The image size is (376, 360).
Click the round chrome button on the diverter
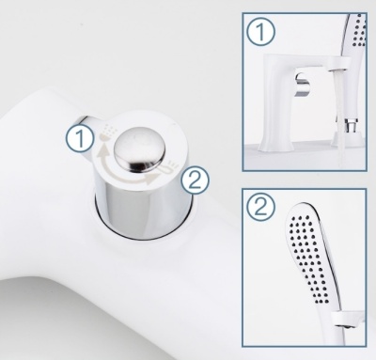pos(139,147)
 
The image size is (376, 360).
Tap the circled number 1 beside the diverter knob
pos(80,138)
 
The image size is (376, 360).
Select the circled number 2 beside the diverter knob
pos(195,180)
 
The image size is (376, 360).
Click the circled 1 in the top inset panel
pos(260,32)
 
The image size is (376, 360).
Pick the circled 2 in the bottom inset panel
pos(260,208)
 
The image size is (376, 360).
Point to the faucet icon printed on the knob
pos(167,167)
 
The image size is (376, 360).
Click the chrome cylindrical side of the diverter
pos(143,213)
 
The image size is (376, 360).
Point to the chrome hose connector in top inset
pos(350,125)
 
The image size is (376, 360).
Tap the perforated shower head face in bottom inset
pos(308,256)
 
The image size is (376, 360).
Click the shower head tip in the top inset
pos(355,35)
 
